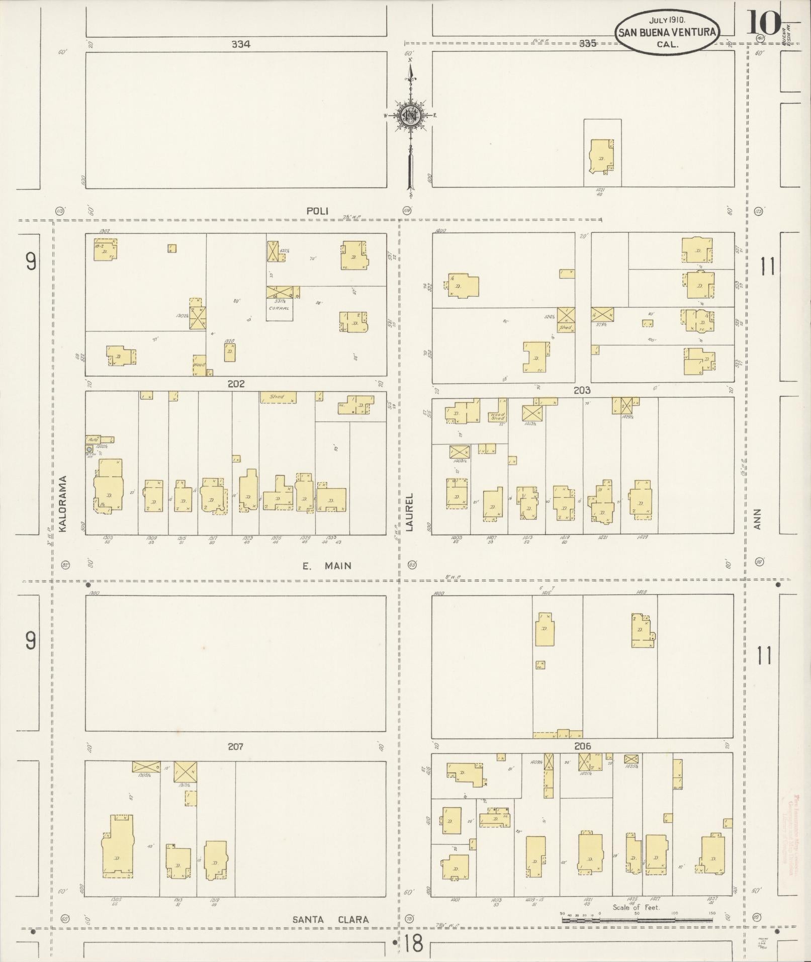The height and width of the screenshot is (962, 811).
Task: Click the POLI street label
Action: click(x=317, y=211)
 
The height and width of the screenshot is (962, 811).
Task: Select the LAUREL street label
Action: click(x=409, y=512)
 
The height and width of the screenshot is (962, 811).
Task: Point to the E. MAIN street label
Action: click(x=327, y=566)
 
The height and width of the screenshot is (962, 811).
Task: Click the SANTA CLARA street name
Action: click(x=331, y=919)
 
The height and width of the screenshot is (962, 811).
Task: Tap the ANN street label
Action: click(x=757, y=519)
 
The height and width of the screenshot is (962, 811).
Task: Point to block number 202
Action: click(x=236, y=384)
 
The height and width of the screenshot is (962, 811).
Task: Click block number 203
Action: click(x=582, y=390)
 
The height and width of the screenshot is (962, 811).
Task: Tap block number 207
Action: click(x=235, y=747)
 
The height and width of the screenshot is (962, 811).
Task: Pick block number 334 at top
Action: click(x=241, y=44)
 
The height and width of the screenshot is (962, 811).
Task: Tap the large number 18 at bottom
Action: click(x=413, y=944)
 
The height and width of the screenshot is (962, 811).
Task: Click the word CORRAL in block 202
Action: click(x=279, y=308)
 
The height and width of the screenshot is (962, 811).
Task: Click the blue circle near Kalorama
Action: click(x=89, y=449)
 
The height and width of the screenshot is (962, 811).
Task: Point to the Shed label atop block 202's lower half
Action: click(x=278, y=397)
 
